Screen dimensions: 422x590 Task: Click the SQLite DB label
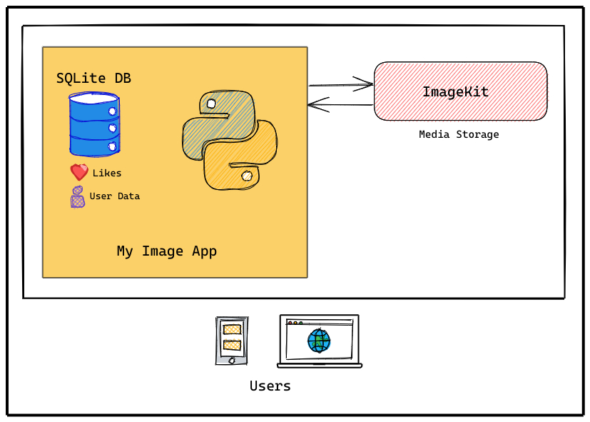coord(93,79)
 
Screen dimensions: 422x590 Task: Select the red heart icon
coord(78,172)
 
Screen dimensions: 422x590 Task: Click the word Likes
coord(107,173)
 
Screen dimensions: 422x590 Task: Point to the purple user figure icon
coord(77,196)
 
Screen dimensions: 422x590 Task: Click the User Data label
coord(114,196)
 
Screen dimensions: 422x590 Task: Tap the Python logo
coord(230,141)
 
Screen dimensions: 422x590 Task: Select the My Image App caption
coord(166,251)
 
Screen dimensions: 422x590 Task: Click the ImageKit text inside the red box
coord(455,92)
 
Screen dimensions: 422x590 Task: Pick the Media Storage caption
coord(459,134)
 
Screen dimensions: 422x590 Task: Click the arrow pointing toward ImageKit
coord(341,85)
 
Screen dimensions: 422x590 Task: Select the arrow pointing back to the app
coord(340,105)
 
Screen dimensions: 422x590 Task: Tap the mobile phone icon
coord(232,341)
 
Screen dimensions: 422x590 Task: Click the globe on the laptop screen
coord(319,341)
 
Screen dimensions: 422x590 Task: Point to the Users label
coord(270,386)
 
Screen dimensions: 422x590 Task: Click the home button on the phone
coord(232,360)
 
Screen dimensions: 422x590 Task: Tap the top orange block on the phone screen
coord(232,329)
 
